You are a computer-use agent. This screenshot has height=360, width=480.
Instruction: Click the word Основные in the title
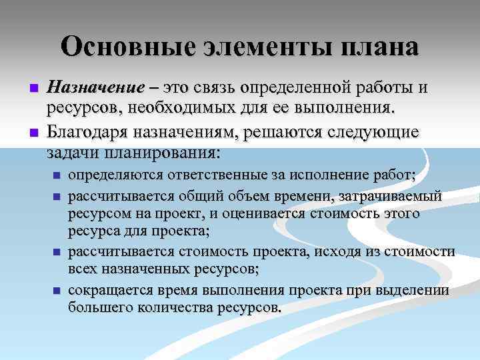(x=121, y=47)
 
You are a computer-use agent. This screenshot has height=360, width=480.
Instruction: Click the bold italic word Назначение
(x=95, y=89)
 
